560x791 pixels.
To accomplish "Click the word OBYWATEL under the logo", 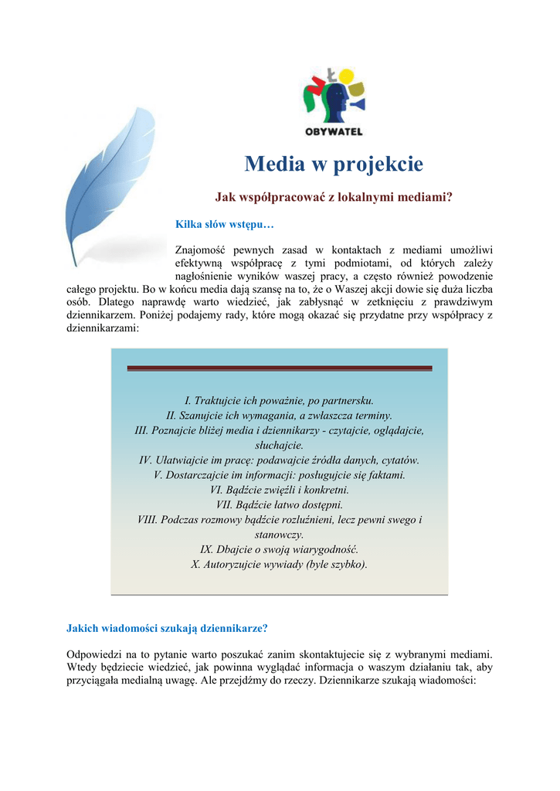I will (333, 131).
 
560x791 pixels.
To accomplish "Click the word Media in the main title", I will (270, 165).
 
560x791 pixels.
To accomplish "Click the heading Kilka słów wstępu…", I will (225, 225).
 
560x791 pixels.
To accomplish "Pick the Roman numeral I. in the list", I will (188, 401).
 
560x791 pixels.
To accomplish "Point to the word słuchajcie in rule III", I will (279, 445).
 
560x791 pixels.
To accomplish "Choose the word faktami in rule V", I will (385, 474).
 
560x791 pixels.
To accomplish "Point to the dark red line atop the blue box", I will (279, 368).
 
